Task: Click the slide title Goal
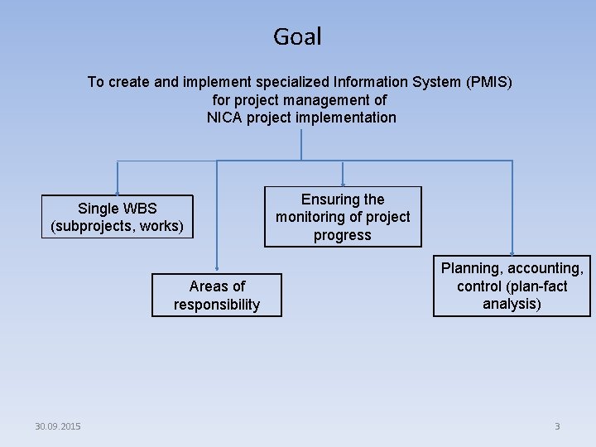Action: (297, 36)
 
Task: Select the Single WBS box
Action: (117, 217)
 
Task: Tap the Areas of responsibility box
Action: (216, 296)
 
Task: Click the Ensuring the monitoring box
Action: (343, 217)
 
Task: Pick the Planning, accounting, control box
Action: (512, 286)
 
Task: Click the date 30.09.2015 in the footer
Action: (58, 426)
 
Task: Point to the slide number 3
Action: (557, 426)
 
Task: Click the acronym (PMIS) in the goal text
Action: (489, 82)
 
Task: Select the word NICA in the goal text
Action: (224, 117)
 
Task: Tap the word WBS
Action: (138, 208)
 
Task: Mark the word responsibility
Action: (216, 305)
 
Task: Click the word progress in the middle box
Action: (343, 235)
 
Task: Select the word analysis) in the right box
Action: (512, 304)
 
